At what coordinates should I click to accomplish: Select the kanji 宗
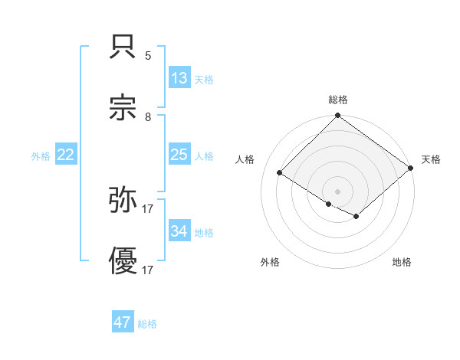tap(124, 109)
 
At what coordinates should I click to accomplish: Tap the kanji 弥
tap(124, 200)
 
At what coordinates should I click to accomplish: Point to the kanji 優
tap(124, 262)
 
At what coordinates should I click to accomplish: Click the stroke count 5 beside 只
tap(148, 56)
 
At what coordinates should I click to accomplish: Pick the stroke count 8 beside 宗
tap(148, 116)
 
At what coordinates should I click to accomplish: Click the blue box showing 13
tap(179, 77)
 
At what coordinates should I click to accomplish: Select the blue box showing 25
tap(179, 155)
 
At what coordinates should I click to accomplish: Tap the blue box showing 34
tap(179, 231)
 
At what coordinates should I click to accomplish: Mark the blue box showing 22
tap(66, 155)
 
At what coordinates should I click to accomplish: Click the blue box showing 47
tap(123, 322)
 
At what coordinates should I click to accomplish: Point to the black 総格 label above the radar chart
tap(338, 100)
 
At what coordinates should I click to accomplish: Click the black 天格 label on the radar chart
tap(431, 159)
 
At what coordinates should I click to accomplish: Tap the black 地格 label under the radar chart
tap(402, 262)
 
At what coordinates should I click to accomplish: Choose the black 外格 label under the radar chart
tap(270, 262)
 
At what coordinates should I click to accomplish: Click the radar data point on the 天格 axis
tap(412, 168)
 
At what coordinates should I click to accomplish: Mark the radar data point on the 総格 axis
tap(338, 116)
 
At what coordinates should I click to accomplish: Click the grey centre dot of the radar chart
tap(338, 191)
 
